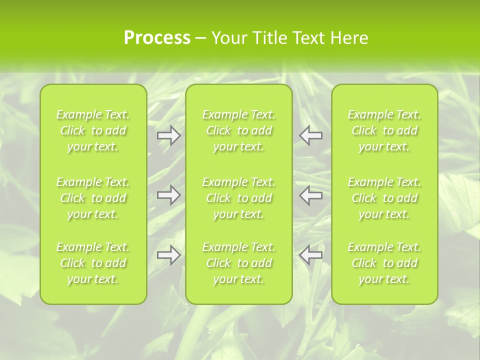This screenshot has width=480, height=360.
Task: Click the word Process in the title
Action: tap(157, 38)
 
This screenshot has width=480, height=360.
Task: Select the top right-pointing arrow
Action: tap(169, 135)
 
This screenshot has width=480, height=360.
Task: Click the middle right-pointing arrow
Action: tap(169, 195)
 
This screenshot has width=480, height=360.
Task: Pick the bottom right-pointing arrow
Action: tap(169, 255)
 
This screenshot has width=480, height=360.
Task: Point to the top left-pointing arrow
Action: tap(311, 135)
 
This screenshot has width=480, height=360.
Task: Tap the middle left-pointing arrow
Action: tap(311, 195)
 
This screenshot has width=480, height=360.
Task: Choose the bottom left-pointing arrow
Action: tap(311, 255)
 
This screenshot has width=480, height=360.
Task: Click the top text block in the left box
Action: tap(93, 130)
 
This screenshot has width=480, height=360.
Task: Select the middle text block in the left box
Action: tap(93, 198)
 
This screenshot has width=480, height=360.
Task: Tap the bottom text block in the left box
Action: tap(93, 263)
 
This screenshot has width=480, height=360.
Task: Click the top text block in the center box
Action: tap(239, 130)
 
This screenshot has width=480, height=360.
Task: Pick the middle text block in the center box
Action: tap(239, 198)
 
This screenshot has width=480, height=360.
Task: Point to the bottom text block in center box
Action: tap(239, 263)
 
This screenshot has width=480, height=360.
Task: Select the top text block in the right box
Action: tap(384, 130)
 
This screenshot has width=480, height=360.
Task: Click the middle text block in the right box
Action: tap(384, 198)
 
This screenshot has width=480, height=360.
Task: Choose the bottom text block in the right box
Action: tap(384, 263)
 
